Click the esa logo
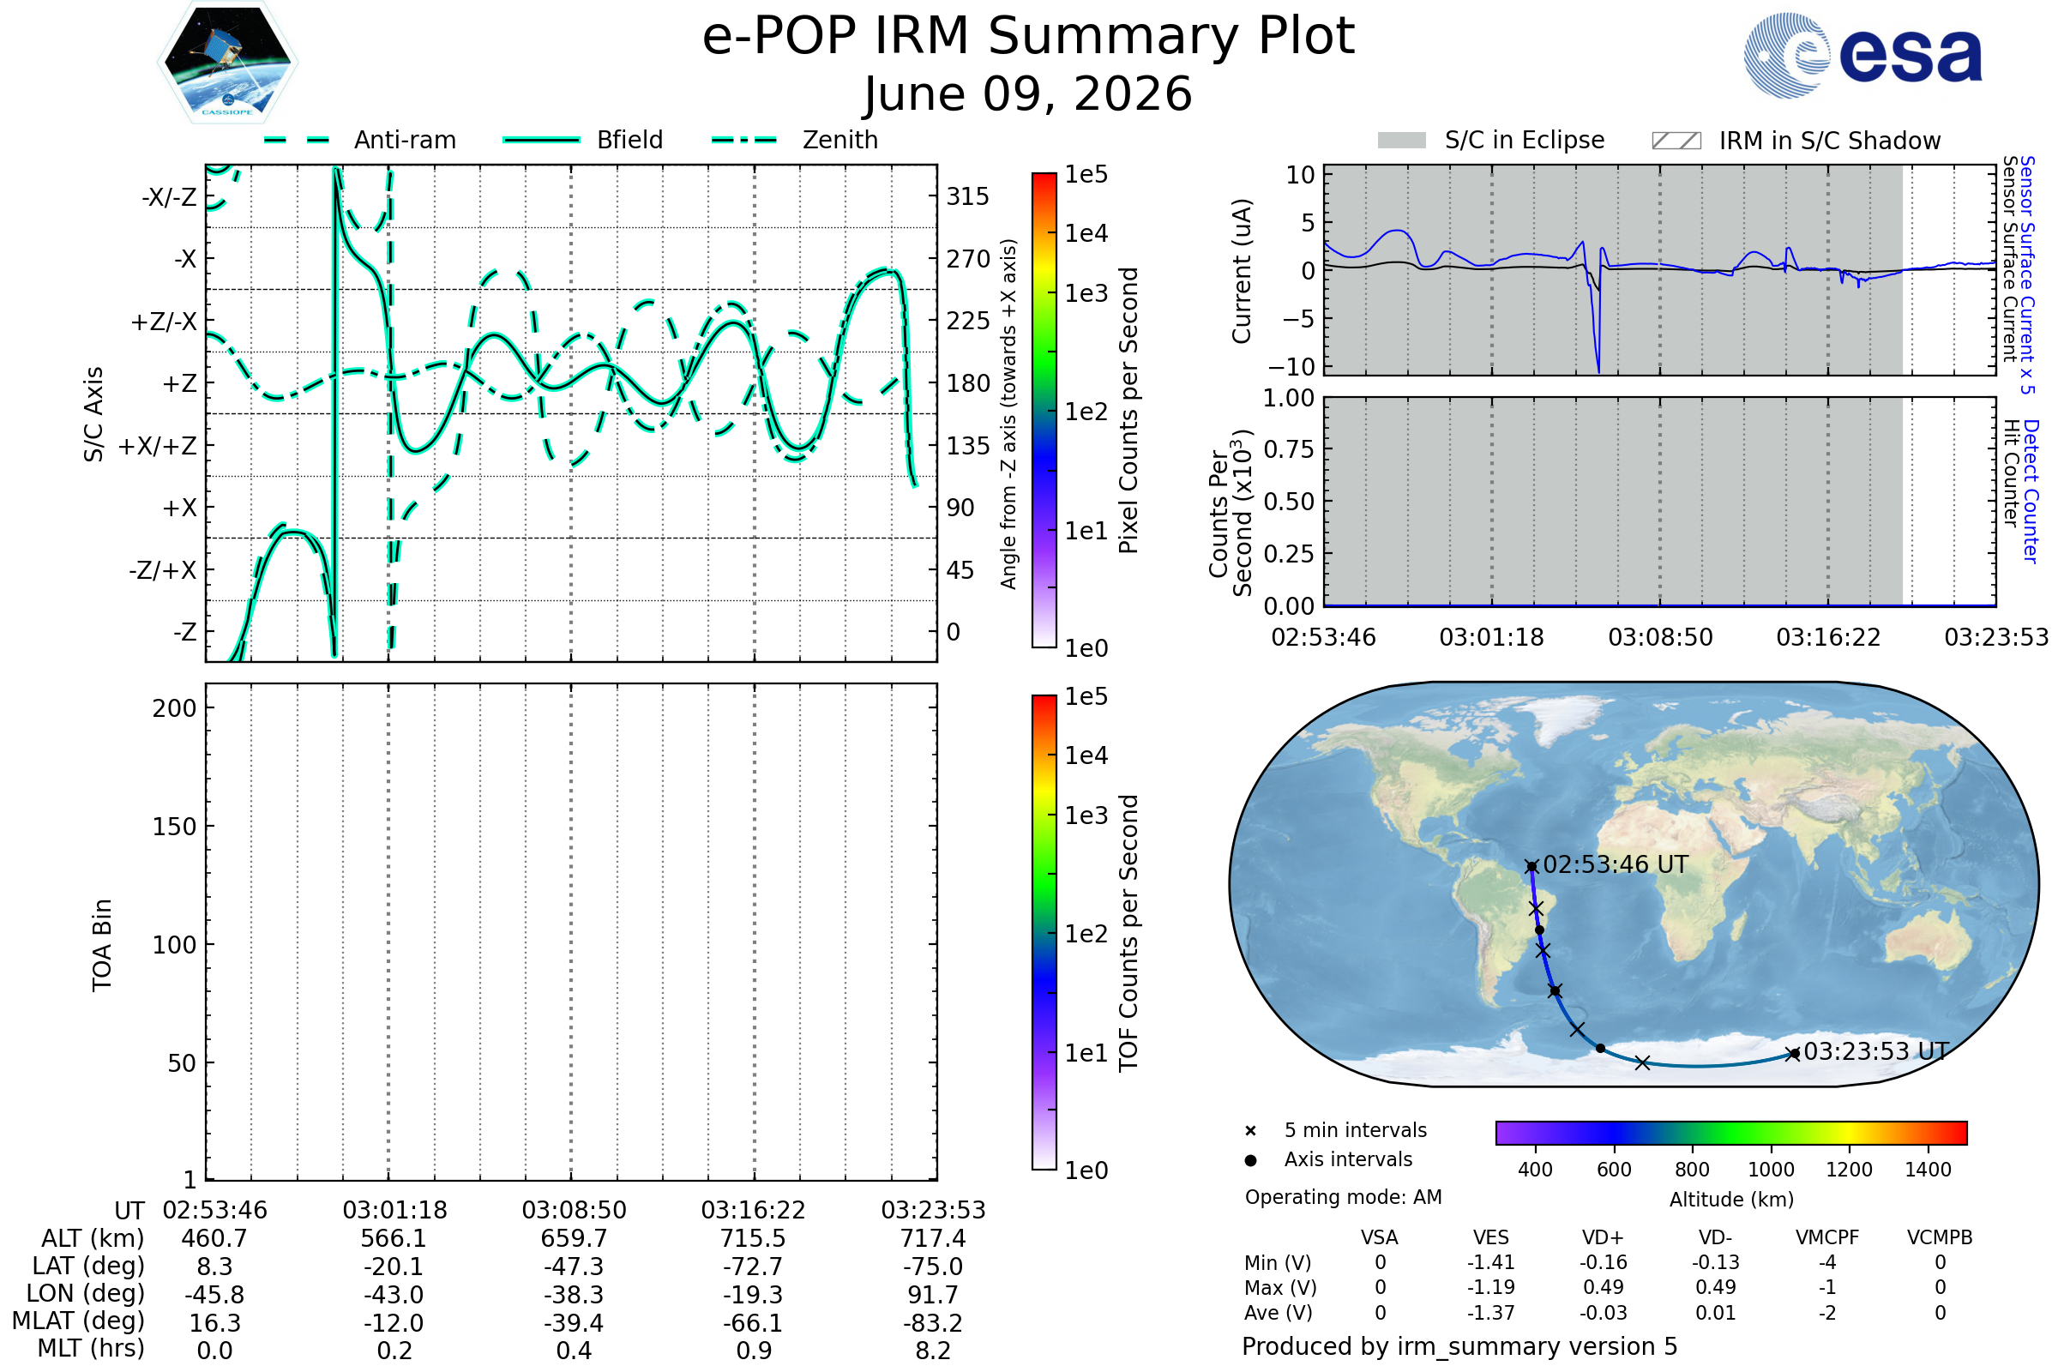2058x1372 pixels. (x=1862, y=55)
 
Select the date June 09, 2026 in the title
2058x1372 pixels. (x=1028, y=93)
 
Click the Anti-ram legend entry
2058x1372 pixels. (x=359, y=140)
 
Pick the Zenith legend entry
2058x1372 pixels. (x=795, y=140)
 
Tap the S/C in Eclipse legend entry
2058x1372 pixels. (x=1490, y=140)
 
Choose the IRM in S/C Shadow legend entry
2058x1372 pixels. (x=1796, y=141)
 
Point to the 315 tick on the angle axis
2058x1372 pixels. (x=967, y=197)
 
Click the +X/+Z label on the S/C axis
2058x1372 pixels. (x=158, y=446)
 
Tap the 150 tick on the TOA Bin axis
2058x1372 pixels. (x=174, y=827)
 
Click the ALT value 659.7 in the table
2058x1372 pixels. (x=574, y=1239)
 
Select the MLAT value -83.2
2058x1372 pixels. (x=933, y=1323)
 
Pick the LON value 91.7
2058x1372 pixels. (x=933, y=1295)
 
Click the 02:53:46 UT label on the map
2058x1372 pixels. (x=1616, y=864)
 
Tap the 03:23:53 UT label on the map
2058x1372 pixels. (x=1876, y=1051)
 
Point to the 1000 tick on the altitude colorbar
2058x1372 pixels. (x=1771, y=1170)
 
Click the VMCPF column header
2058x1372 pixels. (x=1827, y=1237)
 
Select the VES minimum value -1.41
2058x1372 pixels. (x=1491, y=1262)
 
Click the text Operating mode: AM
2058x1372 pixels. (x=1343, y=1197)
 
